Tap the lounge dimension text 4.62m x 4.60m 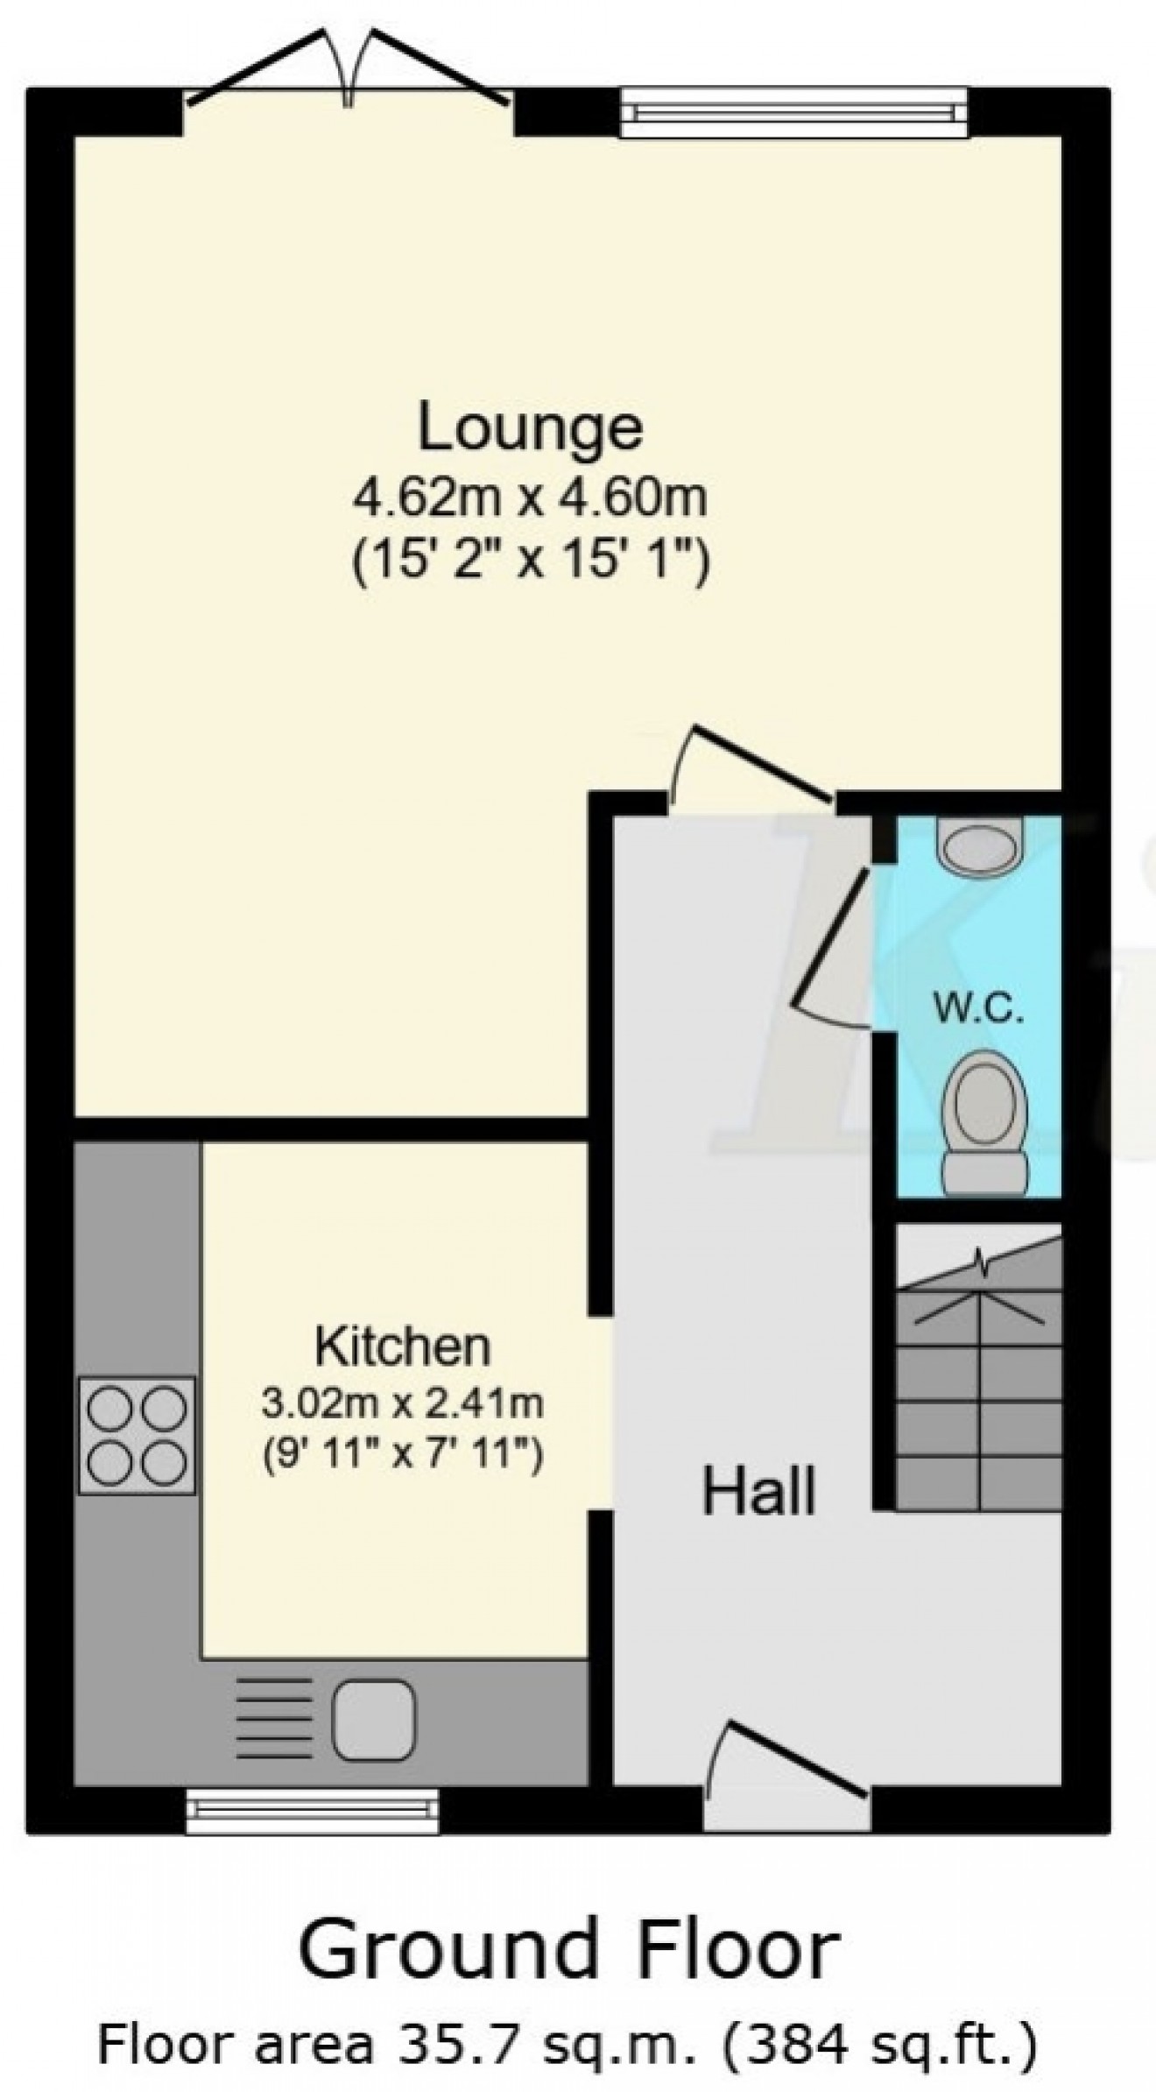coord(530,500)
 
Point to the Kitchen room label coord(403,1346)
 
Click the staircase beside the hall coord(979,1382)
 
